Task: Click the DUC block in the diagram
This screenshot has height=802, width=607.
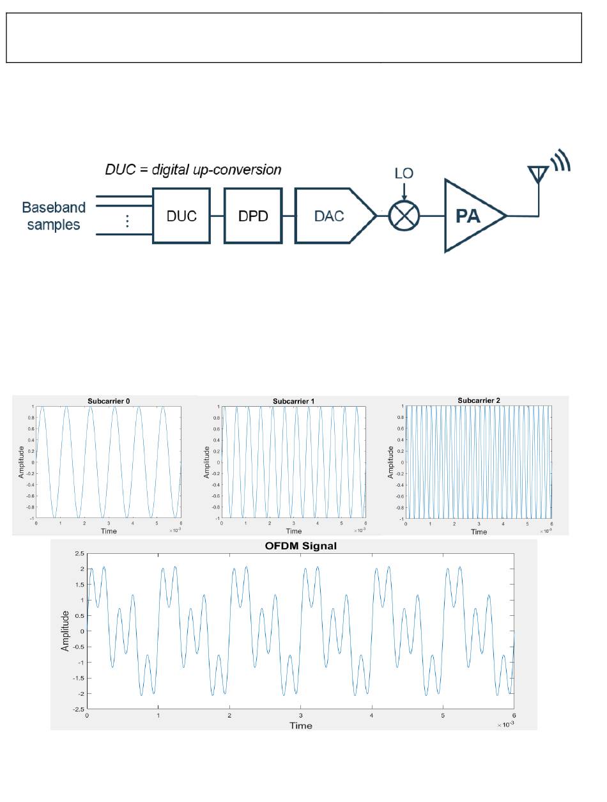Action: [181, 216]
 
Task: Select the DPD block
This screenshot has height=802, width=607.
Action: [252, 216]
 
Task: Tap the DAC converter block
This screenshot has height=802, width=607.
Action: [330, 216]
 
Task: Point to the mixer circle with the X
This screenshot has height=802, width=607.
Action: [403, 216]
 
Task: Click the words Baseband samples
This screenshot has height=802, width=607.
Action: [54, 216]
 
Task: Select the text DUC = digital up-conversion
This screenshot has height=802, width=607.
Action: [193, 170]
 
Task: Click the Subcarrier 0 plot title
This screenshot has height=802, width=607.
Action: [109, 401]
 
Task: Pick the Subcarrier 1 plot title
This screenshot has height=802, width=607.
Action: [293, 401]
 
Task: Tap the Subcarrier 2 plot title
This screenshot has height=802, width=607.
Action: [479, 400]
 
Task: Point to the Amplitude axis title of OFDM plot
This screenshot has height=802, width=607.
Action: [65, 631]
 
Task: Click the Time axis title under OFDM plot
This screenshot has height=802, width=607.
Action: [300, 725]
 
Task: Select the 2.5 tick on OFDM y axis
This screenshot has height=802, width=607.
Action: [79, 553]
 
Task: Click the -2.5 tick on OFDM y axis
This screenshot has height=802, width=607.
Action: [77, 709]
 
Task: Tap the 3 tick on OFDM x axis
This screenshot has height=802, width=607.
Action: [300, 716]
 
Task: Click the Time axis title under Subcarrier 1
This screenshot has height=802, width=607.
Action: [293, 531]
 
